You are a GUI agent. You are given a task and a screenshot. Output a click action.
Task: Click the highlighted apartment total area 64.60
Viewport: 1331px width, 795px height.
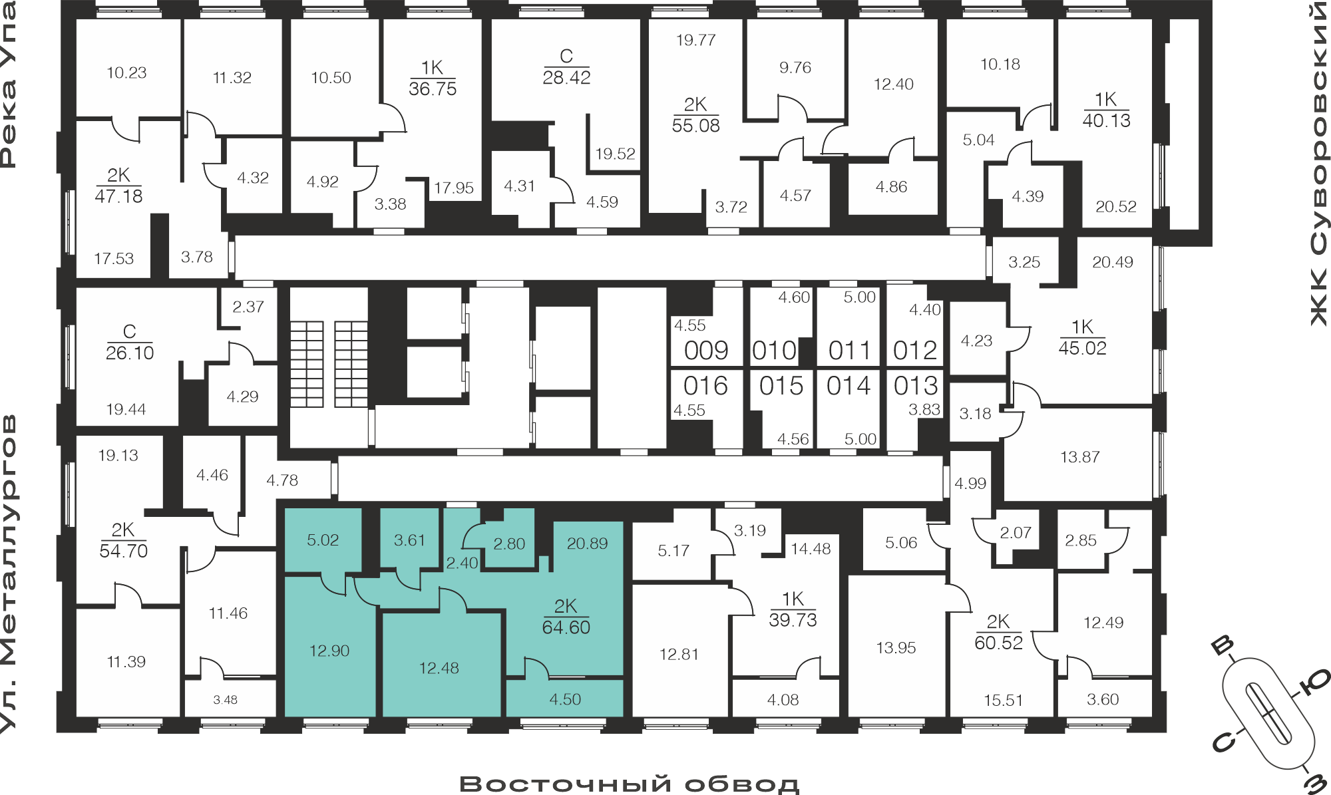point(566,627)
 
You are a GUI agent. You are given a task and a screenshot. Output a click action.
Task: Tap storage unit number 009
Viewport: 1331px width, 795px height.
point(706,351)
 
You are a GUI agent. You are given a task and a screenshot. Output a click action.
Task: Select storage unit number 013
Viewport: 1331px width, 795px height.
point(916,386)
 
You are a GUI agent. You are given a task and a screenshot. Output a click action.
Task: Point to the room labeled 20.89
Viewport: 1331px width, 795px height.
point(587,544)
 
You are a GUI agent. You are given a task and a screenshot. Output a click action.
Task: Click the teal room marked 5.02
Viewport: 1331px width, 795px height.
point(323,540)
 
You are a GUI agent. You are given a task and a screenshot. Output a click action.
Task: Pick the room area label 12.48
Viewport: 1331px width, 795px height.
point(439,668)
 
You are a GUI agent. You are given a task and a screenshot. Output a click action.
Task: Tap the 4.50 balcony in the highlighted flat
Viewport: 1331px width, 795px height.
point(565,699)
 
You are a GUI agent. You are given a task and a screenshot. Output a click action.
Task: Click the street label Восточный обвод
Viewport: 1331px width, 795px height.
point(629,784)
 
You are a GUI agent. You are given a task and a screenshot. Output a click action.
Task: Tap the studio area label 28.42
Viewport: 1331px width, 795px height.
point(566,78)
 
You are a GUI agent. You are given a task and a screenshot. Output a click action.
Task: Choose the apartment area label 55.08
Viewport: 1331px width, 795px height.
point(695,126)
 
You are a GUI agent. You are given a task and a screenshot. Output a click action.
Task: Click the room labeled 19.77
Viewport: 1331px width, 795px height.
point(695,40)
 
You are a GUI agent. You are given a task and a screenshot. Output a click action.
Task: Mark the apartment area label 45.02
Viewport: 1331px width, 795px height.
point(1082,348)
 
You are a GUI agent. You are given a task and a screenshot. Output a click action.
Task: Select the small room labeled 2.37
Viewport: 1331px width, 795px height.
point(248,307)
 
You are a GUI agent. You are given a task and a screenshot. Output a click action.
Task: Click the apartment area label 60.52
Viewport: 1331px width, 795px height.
point(998,643)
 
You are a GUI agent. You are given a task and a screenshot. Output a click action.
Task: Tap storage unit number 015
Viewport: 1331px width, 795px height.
point(781,386)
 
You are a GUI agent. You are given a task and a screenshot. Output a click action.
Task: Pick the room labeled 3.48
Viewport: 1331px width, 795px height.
point(225,700)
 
